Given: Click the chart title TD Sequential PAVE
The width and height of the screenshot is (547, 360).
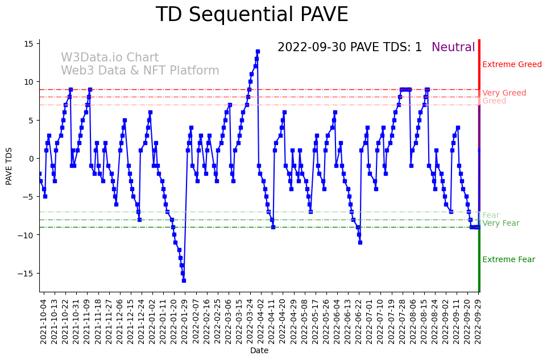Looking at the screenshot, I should click(251, 15).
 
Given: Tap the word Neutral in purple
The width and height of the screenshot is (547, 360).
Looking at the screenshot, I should click(453, 47).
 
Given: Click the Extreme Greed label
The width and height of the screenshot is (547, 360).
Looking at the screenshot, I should click(512, 64).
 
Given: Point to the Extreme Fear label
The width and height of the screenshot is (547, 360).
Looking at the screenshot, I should click(508, 259).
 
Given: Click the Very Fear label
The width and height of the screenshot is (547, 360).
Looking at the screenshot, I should click(500, 223).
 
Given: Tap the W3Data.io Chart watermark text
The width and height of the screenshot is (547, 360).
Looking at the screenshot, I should click(110, 57).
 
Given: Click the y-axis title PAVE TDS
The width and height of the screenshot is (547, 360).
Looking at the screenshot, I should click(9, 165).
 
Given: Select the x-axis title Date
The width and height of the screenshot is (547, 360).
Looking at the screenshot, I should click(259, 350).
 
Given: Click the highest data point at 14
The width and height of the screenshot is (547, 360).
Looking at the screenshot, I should click(258, 51).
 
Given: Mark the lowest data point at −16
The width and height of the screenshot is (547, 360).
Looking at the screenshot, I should click(184, 280).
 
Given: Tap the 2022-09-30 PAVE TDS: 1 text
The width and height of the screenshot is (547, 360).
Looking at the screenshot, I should click(350, 47).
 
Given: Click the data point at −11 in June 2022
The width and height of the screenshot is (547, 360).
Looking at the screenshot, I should click(360, 242).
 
